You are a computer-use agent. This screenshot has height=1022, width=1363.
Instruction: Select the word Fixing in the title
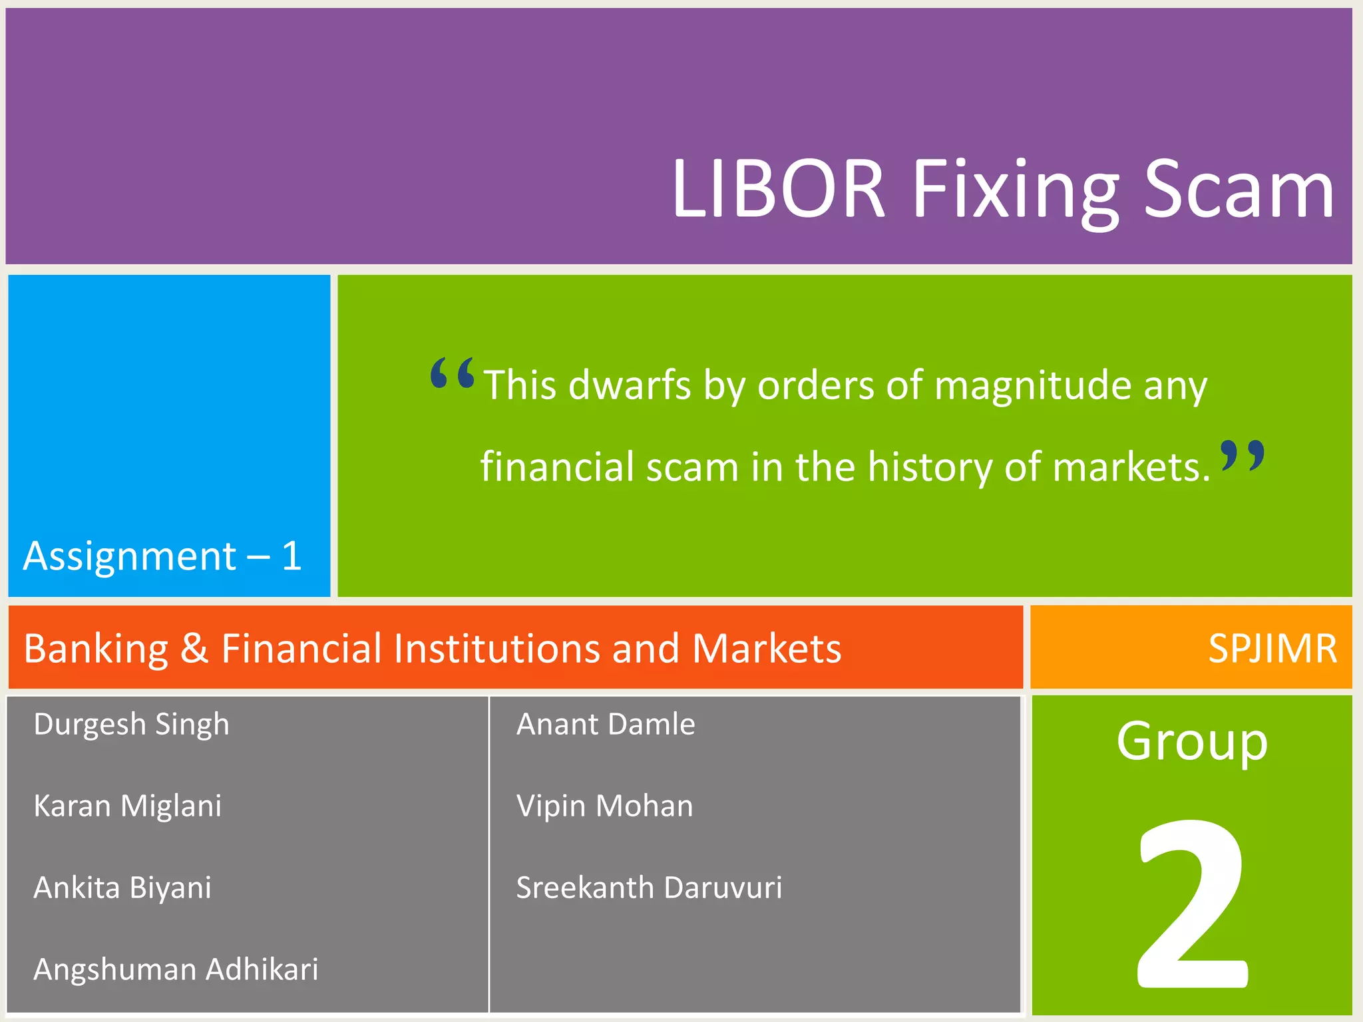[x=1016, y=192]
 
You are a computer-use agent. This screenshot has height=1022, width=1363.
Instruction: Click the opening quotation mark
[x=453, y=373]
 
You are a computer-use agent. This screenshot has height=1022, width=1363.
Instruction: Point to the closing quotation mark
[x=1243, y=456]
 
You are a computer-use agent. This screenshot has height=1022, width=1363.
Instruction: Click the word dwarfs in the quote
[x=630, y=385]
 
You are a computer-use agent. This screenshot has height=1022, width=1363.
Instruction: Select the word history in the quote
[x=930, y=467]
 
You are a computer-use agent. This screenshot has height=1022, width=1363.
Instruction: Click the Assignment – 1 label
[x=163, y=556]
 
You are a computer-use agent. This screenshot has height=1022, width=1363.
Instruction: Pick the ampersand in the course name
[x=194, y=648]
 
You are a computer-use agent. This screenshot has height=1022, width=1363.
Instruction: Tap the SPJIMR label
[x=1272, y=648]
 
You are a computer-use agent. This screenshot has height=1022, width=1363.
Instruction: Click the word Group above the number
[x=1192, y=743]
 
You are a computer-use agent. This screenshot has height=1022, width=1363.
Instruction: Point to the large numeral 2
[x=1192, y=905]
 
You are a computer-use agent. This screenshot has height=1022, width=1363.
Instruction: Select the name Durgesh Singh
[x=131, y=725]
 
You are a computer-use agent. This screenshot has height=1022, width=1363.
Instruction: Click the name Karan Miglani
[x=127, y=806]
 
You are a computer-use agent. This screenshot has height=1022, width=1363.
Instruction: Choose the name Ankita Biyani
[x=122, y=888]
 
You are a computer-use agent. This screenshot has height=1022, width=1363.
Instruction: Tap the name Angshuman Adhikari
[x=176, y=970]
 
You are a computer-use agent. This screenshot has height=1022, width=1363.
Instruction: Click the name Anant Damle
[x=606, y=725]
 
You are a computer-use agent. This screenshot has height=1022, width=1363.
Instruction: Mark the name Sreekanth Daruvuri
[x=649, y=888]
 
